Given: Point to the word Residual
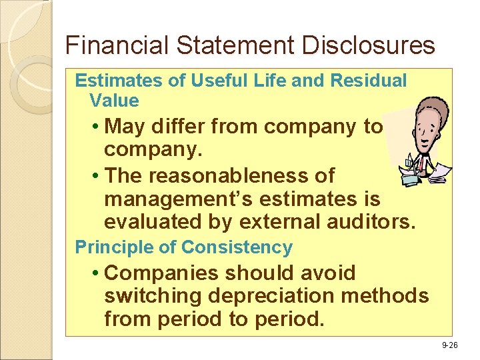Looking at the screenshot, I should click(368, 81).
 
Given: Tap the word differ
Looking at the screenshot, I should click(183, 126).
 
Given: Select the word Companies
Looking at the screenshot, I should click(163, 273).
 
